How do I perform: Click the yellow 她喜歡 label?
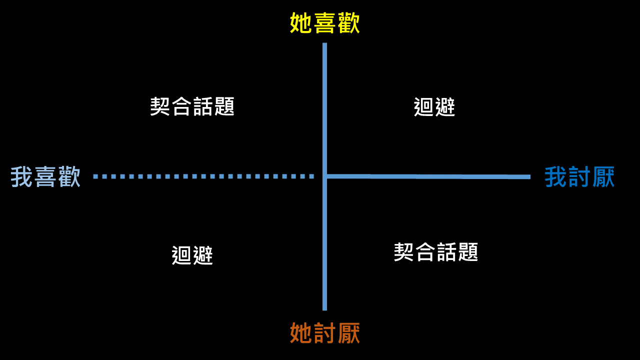click(x=325, y=23)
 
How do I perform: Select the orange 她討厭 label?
click(x=325, y=333)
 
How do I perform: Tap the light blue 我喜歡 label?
click(x=45, y=177)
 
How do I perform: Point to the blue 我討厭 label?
click(x=579, y=177)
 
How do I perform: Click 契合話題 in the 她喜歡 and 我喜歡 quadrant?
click(x=192, y=106)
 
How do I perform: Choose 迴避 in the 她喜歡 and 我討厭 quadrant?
click(x=434, y=107)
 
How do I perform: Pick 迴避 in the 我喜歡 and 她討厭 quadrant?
click(x=192, y=255)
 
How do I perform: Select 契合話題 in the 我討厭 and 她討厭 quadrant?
click(x=436, y=252)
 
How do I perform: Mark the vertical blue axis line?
click(x=324, y=100)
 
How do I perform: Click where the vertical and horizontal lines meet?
click(x=324, y=176)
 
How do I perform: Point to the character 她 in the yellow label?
click(x=301, y=23)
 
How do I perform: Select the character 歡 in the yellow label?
click(x=348, y=23)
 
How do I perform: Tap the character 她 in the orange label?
click(x=301, y=333)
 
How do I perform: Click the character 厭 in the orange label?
click(x=348, y=333)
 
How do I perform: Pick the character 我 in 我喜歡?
click(x=22, y=177)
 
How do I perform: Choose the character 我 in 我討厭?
click(x=556, y=177)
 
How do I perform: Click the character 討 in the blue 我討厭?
click(x=579, y=177)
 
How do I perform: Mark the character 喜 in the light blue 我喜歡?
click(x=45, y=177)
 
